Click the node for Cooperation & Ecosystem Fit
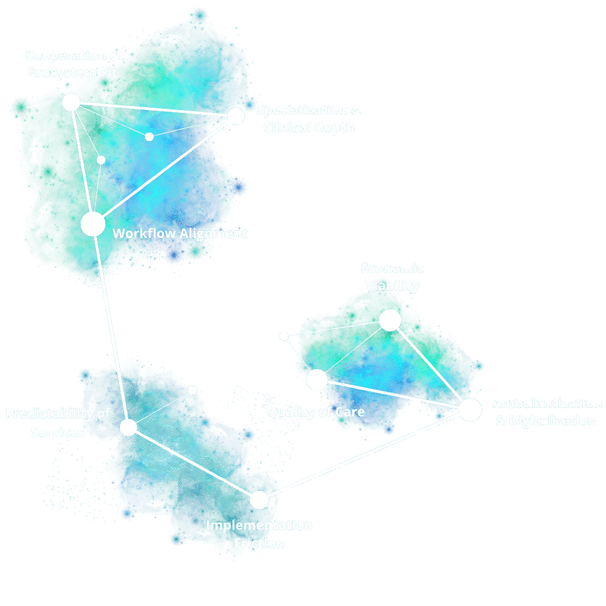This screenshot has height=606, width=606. point(71,102)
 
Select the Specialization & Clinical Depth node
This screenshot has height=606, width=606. point(236,116)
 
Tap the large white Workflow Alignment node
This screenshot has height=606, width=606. point(93,224)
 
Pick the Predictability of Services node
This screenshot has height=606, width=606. point(128,427)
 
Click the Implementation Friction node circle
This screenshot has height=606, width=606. point(259,500)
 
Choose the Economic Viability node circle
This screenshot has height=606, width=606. point(390,320)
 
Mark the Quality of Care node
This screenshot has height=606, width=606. point(317,379)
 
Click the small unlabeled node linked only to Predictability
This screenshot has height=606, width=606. point(192,390)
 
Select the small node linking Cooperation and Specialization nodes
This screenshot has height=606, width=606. point(149,137)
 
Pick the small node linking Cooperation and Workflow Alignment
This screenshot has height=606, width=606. point(101,160)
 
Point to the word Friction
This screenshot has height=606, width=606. point(259,543)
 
